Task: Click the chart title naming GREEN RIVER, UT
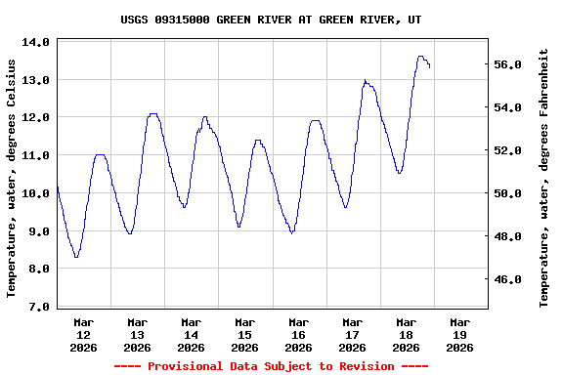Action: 265,19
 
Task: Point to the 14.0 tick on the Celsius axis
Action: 35,43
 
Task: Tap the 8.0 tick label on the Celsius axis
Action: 35,270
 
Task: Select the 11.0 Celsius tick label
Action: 35,156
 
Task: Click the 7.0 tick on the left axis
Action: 35,308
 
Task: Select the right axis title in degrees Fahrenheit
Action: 544,178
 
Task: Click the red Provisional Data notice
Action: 271,366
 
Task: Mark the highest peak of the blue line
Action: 420,57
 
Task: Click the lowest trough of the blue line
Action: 75,257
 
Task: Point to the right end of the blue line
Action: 429,67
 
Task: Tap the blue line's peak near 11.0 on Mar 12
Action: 99,154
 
